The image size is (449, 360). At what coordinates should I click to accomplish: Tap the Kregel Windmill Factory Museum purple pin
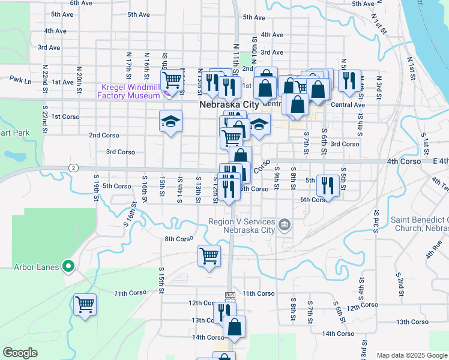(x=166, y=91)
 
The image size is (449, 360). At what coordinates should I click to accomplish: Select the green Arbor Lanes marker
(x=68, y=265)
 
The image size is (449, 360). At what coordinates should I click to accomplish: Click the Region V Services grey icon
(x=285, y=226)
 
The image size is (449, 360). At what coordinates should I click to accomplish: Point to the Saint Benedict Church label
(x=420, y=224)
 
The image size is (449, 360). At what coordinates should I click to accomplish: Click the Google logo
(x=20, y=353)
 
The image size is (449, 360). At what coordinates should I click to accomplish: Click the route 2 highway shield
(x=73, y=167)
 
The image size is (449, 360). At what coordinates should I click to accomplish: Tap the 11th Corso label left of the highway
(x=130, y=293)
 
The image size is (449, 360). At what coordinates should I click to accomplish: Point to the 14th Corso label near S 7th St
(x=338, y=334)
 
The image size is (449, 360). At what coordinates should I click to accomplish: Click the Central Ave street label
(x=348, y=105)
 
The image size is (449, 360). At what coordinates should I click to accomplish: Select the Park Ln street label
(x=20, y=79)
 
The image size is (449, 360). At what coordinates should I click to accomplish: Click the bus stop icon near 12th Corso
(x=229, y=295)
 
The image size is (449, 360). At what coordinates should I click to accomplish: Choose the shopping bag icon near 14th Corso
(x=234, y=327)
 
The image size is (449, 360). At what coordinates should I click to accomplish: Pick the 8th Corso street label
(x=178, y=239)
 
